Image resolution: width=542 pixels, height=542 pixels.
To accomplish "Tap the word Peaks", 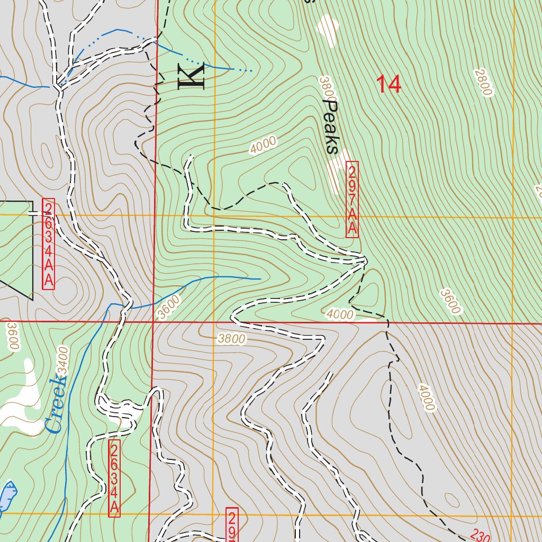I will [x=331, y=127].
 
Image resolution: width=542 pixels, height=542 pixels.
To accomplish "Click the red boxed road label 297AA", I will [x=352, y=200].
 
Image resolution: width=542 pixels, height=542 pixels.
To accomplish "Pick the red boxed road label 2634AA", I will [x=48, y=244].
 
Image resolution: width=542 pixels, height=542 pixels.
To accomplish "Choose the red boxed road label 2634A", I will [x=114, y=478].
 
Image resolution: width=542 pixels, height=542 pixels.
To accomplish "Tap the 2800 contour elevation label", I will [x=483, y=83].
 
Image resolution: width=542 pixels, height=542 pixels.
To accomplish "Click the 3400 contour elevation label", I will [x=63, y=362].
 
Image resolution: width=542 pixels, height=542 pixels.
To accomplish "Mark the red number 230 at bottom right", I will [x=480, y=536].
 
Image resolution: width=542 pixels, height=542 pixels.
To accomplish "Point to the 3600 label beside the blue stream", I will [x=169, y=308].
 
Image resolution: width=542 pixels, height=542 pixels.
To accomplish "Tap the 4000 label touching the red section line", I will [x=340, y=314].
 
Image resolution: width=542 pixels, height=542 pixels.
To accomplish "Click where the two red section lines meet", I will [x=153, y=321].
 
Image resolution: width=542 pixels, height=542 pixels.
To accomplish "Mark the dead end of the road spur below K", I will [x=191, y=156].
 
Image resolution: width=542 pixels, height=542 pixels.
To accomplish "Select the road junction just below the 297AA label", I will [x=365, y=260].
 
